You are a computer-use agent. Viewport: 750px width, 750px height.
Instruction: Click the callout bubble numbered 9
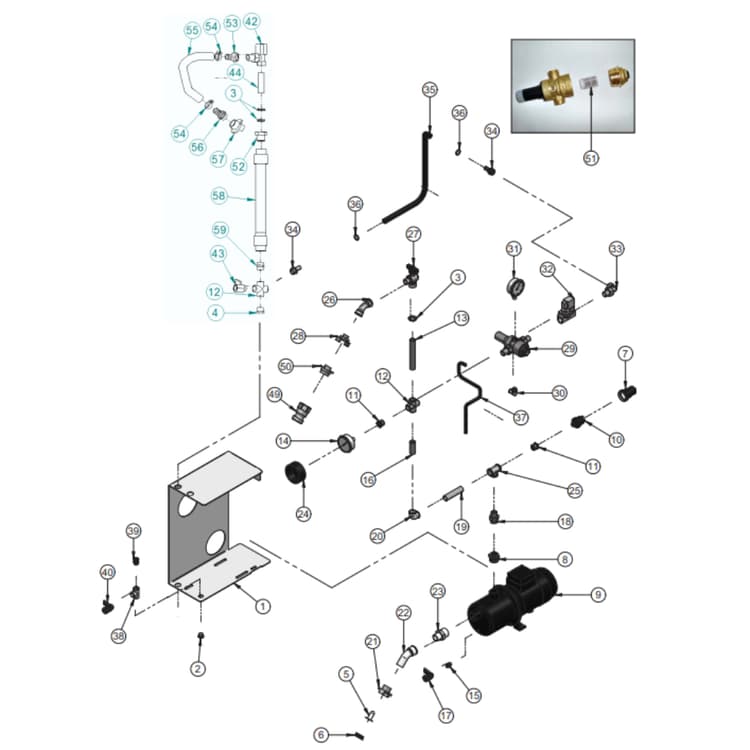click(x=598, y=595)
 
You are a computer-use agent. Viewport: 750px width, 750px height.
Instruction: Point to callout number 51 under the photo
click(x=591, y=158)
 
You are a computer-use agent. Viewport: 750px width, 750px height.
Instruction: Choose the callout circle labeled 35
click(x=429, y=90)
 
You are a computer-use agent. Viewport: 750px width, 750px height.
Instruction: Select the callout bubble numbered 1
click(x=263, y=605)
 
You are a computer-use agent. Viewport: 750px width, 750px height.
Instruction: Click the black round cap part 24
click(x=296, y=472)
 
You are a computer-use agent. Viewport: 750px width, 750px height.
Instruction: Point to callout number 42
click(x=251, y=21)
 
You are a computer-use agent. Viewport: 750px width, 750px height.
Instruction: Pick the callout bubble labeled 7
click(x=625, y=353)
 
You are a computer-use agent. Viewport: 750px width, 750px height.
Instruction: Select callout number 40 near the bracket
click(x=107, y=571)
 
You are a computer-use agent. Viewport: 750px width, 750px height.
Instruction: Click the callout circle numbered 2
click(x=198, y=668)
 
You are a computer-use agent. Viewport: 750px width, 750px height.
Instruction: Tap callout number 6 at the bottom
click(x=322, y=735)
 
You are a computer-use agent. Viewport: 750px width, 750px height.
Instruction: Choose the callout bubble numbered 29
click(x=569, y=349)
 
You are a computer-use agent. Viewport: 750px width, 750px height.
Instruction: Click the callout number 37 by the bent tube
click(x=520, y=418)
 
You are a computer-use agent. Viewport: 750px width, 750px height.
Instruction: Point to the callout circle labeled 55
click(x=192, y=31)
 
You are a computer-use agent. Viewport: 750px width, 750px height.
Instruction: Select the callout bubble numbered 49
click(x=273, y=393)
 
